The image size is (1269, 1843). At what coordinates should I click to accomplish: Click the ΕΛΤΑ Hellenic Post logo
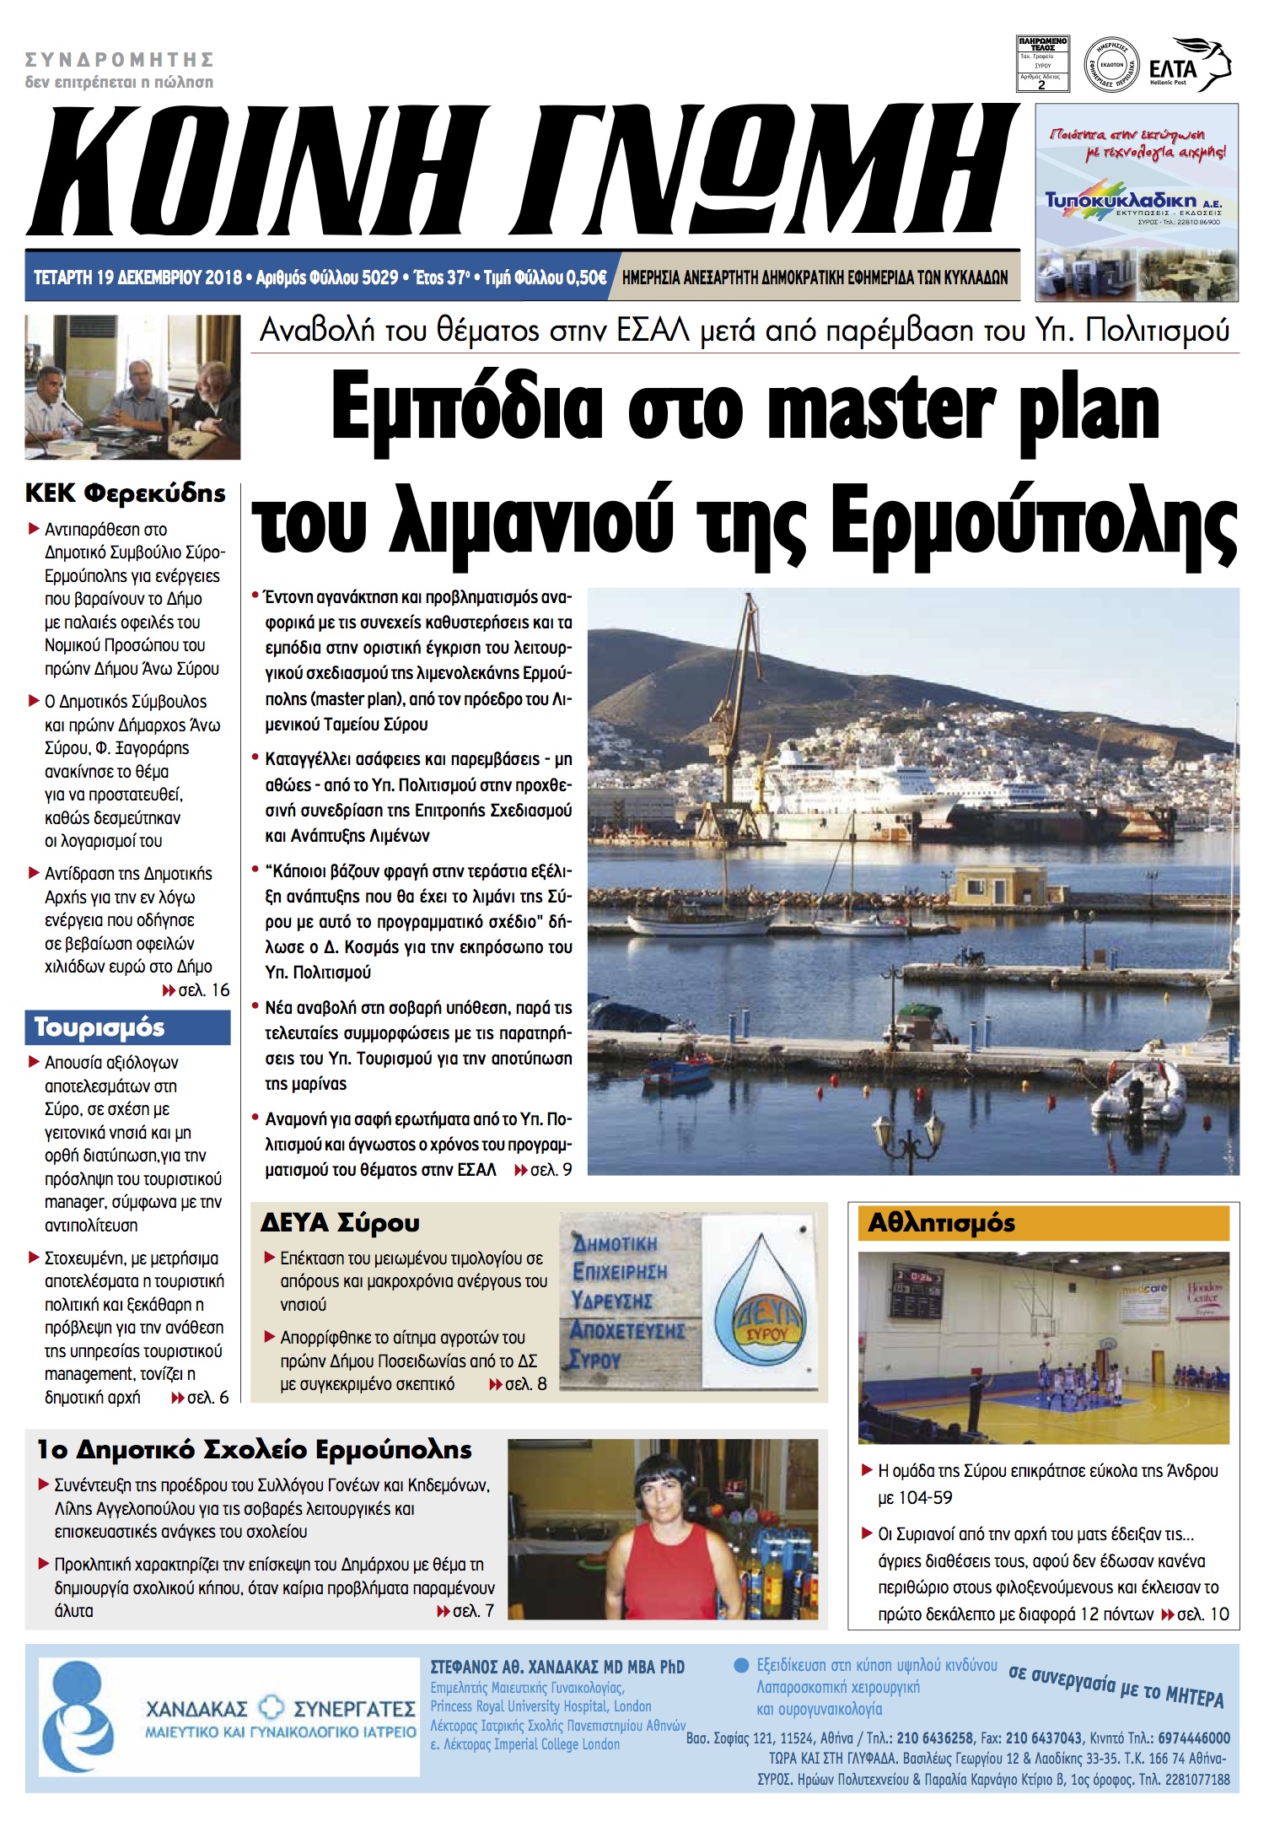[1189, 64]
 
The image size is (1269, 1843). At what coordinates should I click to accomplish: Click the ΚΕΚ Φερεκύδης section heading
[126, 493]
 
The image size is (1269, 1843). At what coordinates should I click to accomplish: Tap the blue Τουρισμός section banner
[127, 1027]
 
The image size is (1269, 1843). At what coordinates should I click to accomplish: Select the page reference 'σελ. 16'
[203, 989]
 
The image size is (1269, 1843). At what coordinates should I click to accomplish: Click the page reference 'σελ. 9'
[551, 1170]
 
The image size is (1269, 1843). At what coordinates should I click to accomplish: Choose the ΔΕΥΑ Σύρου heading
[340, 1222]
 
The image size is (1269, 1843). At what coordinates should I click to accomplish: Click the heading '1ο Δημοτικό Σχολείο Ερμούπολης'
[254, 1449]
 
